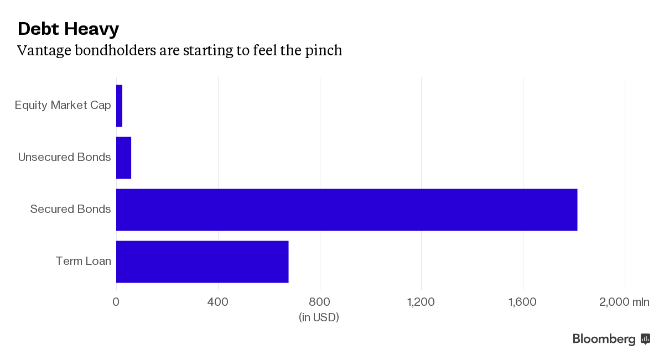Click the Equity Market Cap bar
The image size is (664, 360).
pyautogui.click(x=119, y=106)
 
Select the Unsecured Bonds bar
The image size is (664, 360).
pyautogui.click(x=123, y=158)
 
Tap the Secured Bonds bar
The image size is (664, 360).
pyautogui.click(x=346, y=210)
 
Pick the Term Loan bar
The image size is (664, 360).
pyautogui.click(x=202, y=262)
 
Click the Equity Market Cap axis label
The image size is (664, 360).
pyautogui.click(x=63, y=105)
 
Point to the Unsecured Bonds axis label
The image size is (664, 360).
pyautogui.click(x=65, y=157)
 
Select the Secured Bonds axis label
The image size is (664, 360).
pyautogui.click(x=71, y=209)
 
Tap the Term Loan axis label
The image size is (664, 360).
pyautogui.click(x=84, y=261)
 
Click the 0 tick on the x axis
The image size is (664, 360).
pyautogui.click(x=116, y=302)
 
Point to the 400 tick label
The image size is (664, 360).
pyautogui.click(x=218, y=302)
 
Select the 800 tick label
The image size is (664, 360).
pyautogui.click(x=320, y=302)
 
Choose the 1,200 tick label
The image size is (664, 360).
pyautogui.click(x=421, y=302)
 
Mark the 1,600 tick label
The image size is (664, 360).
pyautogui.click(x=523, y=302)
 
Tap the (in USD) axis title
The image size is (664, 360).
pyautogui.click(x=319, y=317)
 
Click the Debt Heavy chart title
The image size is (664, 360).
pyautogui.click(x=68, y=29)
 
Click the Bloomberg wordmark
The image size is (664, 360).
pyautogui.click(x=604, y=339)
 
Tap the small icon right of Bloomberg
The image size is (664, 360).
pyautogui.click(x=645, y=338)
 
